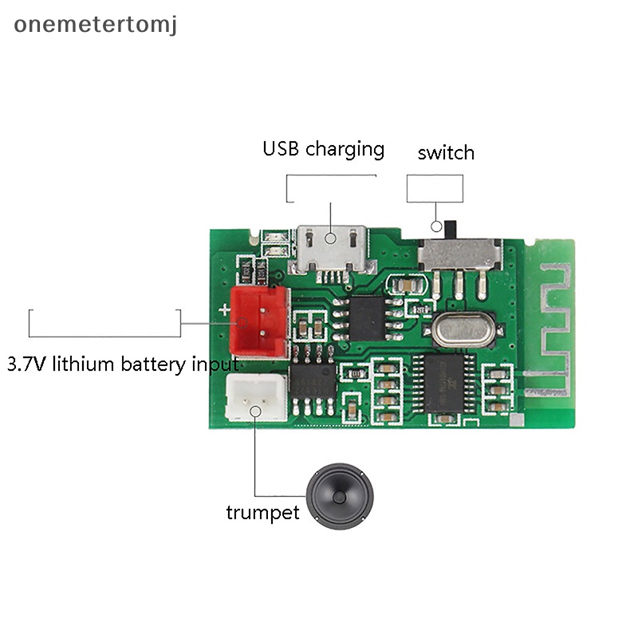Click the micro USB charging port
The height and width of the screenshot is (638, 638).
[x=331, y=247]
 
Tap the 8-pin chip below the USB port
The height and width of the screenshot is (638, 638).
[x=366, y=317]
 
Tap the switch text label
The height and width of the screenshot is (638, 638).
[x=446, y=152]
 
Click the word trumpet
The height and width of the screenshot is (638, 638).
[x=262, y=511]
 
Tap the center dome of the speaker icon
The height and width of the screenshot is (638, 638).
[x=339, y=497]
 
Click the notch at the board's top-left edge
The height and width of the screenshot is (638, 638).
[x=253, y=237]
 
